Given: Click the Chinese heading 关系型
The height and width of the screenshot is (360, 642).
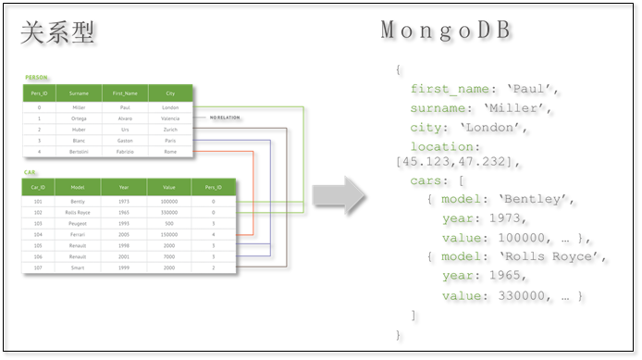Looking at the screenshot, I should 58,33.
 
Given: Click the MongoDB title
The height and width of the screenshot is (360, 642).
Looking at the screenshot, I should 447,30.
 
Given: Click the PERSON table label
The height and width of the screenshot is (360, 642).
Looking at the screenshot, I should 37,78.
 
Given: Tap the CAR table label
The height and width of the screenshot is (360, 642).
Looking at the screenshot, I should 31,172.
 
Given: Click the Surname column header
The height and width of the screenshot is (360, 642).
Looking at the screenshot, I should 79,93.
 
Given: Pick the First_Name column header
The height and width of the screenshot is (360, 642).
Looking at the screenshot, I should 125,93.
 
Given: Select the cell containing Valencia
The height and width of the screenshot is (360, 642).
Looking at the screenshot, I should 170,118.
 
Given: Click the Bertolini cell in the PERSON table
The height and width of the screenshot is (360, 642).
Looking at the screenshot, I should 79,151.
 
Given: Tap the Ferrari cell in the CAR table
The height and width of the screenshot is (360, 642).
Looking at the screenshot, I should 78,235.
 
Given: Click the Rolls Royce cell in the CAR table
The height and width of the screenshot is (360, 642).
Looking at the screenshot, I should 78,212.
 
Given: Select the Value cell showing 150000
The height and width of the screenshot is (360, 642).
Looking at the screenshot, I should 168,235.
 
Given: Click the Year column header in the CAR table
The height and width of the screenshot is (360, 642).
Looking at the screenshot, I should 124,187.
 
